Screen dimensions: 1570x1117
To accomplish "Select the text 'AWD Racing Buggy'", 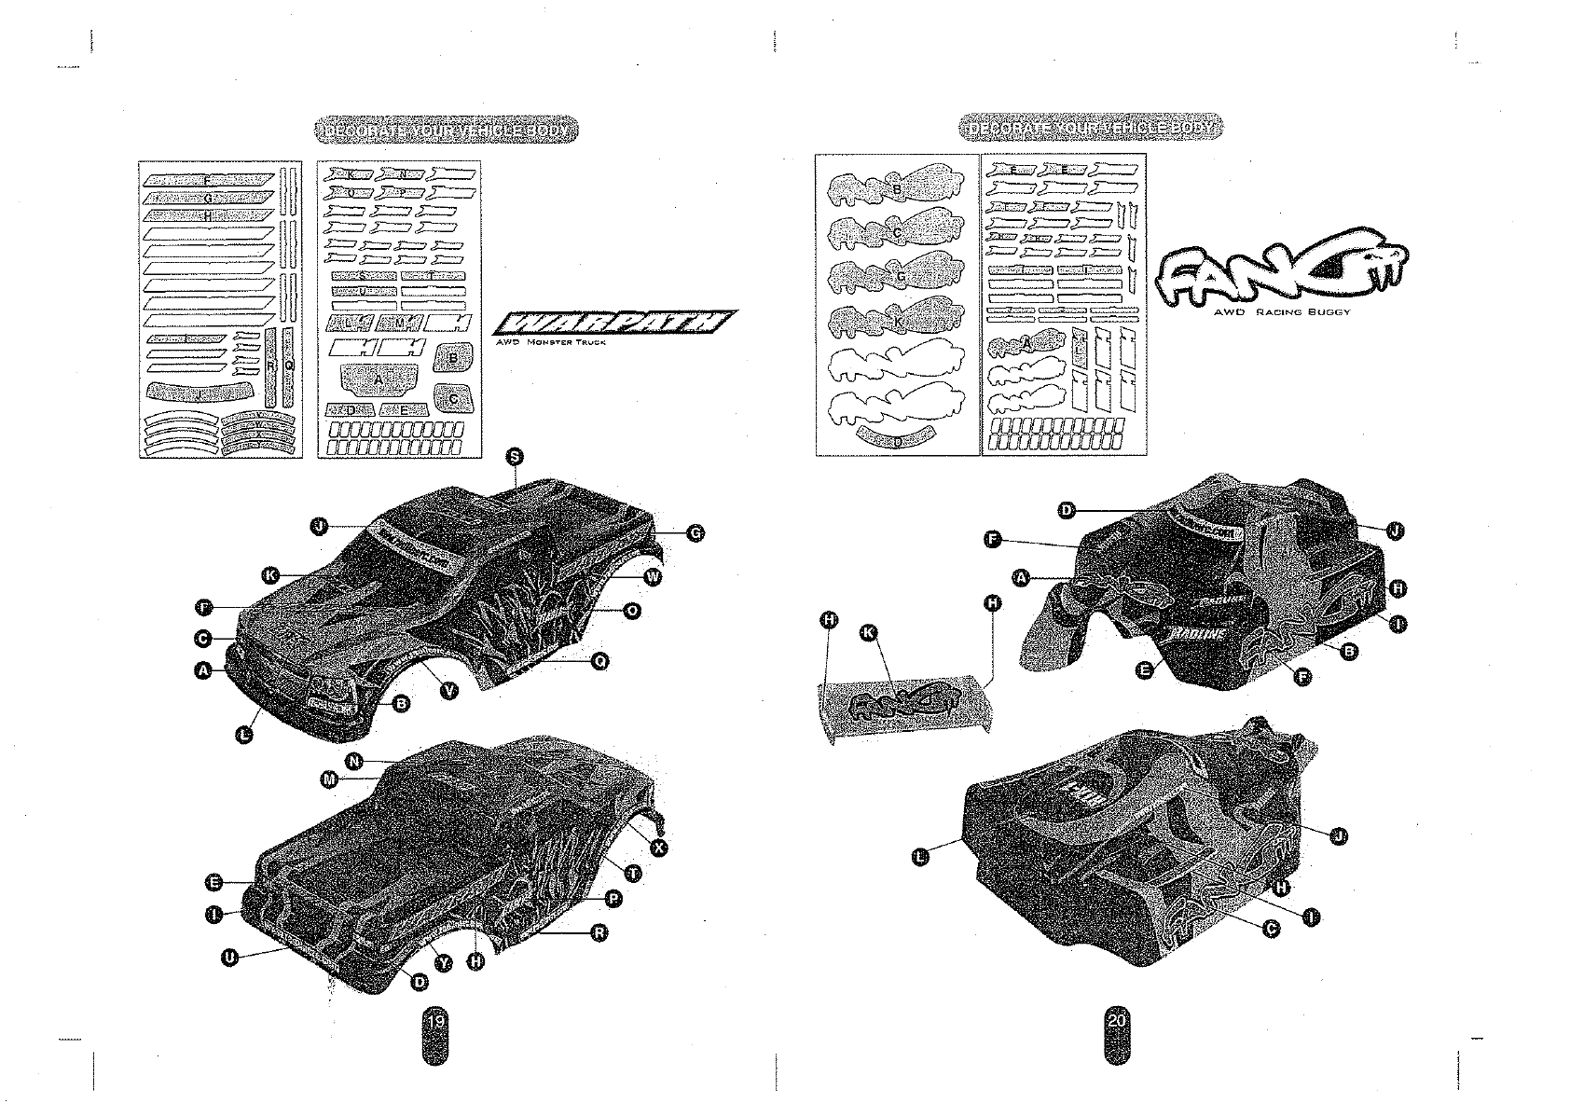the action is pyautogui.click(x=1281, y=312).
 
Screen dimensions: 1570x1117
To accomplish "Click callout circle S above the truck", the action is pyautogui.click(x=514, y=455).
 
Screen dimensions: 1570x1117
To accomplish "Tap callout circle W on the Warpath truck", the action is pyautogui.click(x=654, y=577).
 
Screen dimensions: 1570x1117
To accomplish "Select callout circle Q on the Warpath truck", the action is pyautogui.click(x=601, y=660).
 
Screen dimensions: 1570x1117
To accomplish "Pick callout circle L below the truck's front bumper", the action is pyautogui.click(x=245, y=735).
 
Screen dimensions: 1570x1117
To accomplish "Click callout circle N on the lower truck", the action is pyautogui.click(x=353, y=761).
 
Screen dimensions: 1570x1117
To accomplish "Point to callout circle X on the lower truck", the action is pyautogui.click(x=659, y=848).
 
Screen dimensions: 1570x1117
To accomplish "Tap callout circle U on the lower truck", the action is pyautogui.click(x=228, y=958).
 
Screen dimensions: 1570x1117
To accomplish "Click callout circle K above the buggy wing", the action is pyautogui.click(x=868, y=633).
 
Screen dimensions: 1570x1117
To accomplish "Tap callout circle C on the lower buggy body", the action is pyautogui.click(x=1271, y=927).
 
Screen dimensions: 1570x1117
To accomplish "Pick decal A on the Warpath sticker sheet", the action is pyautogui.click(x=378, y=380).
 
